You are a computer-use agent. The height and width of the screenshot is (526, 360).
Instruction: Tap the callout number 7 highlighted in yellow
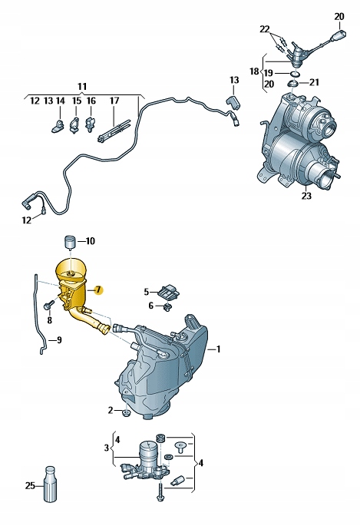(x=98, y=290)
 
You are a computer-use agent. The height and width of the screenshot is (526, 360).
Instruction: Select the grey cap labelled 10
(x=70, y=242)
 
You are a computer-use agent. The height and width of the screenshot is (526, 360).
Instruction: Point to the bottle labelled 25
(x=51, y=486)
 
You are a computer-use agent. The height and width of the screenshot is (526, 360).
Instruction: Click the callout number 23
(x=307, y=196)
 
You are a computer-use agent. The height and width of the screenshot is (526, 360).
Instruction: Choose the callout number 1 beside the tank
(x=219, y=349)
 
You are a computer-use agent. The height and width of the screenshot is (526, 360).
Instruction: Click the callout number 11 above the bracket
(x=83, y=85)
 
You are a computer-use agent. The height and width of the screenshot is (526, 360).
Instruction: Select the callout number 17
(x=114, y=101)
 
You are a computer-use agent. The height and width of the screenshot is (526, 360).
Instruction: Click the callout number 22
(x=265, y=29)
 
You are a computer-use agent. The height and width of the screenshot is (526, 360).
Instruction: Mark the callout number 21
(x=315, y=82)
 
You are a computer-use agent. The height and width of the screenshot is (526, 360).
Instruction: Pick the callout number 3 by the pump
(x=107, y=448)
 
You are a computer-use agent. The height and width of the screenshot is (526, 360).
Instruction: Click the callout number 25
(x=30, y=486)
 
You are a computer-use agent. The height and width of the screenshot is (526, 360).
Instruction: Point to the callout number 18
(x=254, y=71)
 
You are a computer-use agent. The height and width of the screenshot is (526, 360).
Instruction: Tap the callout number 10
(x=91, y=241)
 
